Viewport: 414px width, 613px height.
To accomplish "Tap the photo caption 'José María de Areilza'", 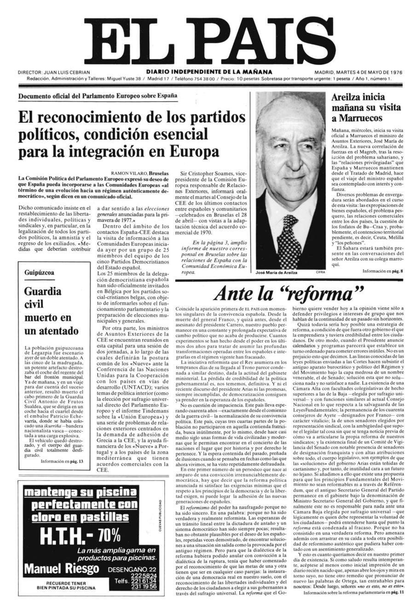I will pos(276,273).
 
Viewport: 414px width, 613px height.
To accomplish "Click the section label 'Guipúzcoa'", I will pos(39,273).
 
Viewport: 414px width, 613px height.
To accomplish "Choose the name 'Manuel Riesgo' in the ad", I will pos(61,569).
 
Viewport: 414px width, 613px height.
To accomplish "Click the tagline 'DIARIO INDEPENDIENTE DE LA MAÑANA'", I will pos(209,72).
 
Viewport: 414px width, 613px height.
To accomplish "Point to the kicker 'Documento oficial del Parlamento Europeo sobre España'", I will pos(98,96).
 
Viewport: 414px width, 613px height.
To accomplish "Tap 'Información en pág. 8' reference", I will pos(382,271).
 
